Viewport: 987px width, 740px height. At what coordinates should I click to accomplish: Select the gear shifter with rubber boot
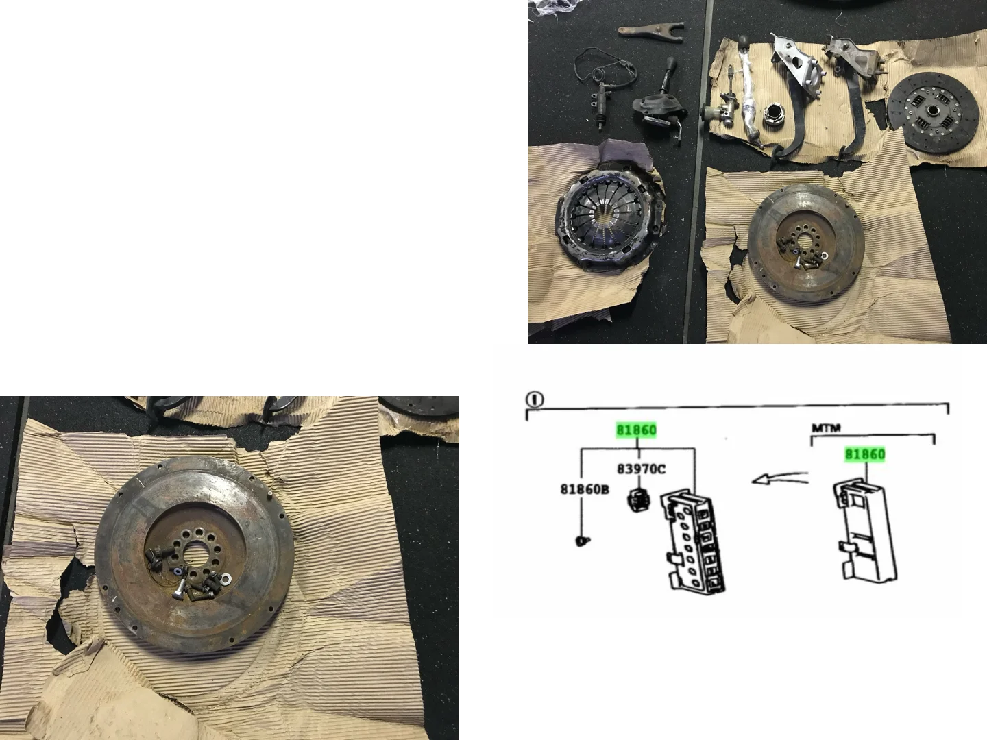(x=659, y=103)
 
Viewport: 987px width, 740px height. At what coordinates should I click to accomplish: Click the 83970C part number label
(x=641, y=469)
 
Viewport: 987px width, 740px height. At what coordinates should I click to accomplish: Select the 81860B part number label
(x=585, y=489)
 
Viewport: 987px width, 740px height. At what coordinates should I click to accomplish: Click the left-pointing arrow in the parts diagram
(x=780, y=478)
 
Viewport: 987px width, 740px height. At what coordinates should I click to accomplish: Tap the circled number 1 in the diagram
(x=535, y=399)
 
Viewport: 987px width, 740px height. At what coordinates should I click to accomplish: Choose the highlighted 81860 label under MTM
(x=865, y=454)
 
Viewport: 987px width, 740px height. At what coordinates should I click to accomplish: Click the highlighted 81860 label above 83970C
(x=636, y=430)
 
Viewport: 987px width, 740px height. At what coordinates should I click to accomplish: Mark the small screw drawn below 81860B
(x=583, y=541)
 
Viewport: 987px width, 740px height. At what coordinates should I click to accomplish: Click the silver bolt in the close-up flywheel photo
(x=178, y=591)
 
